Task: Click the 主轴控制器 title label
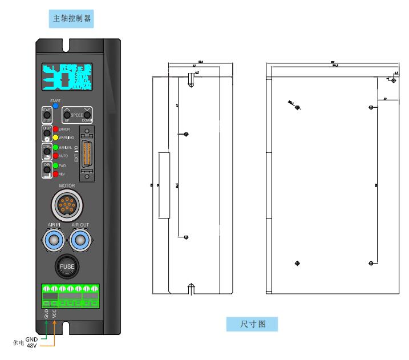[72, 18]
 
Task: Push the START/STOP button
[47, 115]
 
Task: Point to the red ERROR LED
[56, 130]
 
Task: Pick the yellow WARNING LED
[56, 137]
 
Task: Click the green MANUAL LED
[56, 148]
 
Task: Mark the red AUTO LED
[56, 155]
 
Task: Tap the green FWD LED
[56, 166]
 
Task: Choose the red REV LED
[56, 173]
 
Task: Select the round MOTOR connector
[67, 203]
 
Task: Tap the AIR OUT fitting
[80, 240]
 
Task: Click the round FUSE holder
[67, 266]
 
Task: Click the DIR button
[47, 169]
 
